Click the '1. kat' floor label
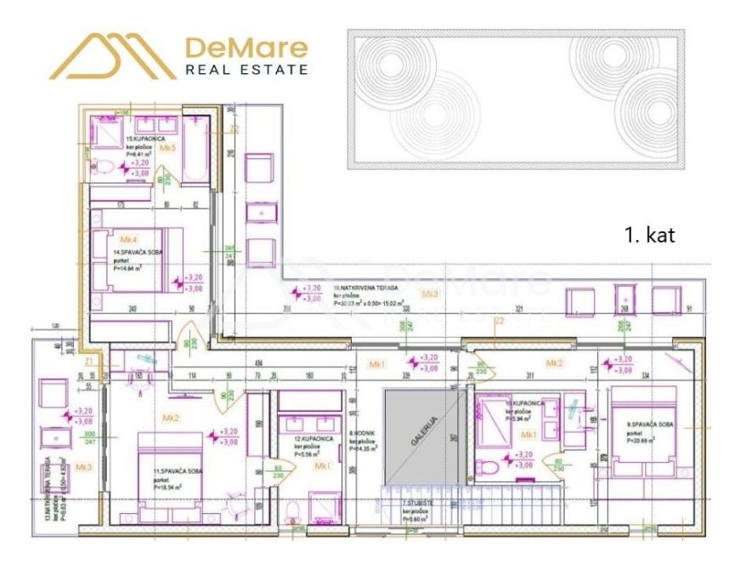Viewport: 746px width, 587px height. click(649, 236)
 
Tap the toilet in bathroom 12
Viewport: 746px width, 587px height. click(292, 512)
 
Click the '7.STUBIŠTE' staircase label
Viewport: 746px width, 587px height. click(396, 504)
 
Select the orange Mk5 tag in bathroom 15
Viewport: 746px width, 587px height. click(168, 148)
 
